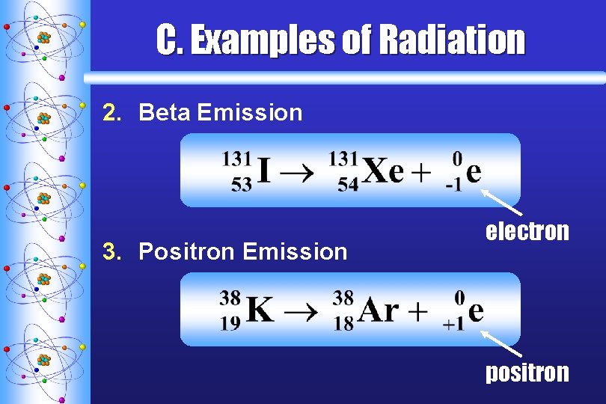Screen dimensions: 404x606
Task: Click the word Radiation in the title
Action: tap(453, 40)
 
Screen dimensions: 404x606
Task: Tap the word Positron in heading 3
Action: tap(187, 251)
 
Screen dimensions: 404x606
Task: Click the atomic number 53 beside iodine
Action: tap(241, 185)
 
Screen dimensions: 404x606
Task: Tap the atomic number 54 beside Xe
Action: tap(348, 185)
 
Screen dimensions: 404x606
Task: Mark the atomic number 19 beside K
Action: tap(230, 322)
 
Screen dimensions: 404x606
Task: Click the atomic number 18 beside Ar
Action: tap(343, 322)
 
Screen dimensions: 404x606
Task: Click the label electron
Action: tap(527, 232)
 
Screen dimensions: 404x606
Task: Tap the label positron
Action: tap(527, 372)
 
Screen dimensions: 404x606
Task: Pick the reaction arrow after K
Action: tap(303, 310)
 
